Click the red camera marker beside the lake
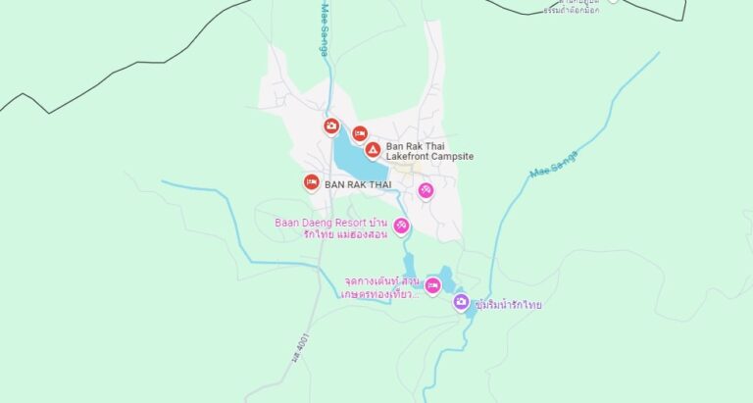[x=331, y=126]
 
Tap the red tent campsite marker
[x=373, y=150]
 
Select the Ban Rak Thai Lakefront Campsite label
[x=429, y=151]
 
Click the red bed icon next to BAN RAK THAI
[x=311, y=181]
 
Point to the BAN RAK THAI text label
[x=358, y=184]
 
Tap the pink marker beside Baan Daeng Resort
[x=402, y=227]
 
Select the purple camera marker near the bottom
[x=461, y=302]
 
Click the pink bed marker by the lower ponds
[x=432, y=285]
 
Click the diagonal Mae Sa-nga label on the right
[x=554, y=163]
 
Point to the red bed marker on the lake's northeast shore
[x=360, y=133]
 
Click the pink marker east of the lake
[x=426, y=190]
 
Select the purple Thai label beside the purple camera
[x=507, y=305]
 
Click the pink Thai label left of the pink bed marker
[x=381, y=286]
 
